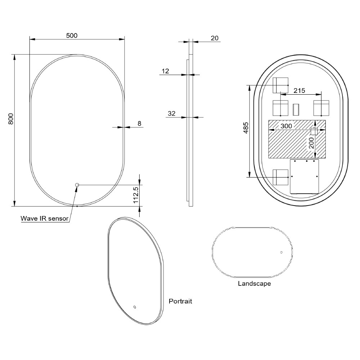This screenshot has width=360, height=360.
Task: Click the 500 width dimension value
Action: point(72,36)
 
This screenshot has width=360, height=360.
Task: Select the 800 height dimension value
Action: point(11,119)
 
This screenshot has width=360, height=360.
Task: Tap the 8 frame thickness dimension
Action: point(139,123)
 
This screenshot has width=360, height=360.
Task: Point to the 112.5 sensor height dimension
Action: point(136,195)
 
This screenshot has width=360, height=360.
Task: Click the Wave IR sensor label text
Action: point(45,219)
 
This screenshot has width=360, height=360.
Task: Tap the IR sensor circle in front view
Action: point(77,185)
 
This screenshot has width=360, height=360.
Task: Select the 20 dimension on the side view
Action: point(215,38)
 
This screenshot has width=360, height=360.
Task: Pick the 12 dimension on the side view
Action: point(165,71)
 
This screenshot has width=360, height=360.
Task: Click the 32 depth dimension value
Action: point(171,113)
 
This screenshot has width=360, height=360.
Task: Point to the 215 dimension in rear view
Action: point(300,91)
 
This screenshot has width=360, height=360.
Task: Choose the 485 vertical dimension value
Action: point(246,128)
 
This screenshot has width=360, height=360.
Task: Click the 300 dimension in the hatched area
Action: point(286,126)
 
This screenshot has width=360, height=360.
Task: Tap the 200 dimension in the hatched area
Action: point(311,143)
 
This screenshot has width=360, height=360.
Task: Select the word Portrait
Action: point(180,301)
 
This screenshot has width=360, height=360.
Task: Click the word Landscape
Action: point(255,284)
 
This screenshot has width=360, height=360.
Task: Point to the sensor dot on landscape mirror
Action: point(282,252)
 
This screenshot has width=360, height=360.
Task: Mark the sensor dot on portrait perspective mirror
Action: point(135,307)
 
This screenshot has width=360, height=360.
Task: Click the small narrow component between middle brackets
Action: point(296,110)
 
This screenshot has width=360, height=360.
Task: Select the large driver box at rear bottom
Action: point(305,176)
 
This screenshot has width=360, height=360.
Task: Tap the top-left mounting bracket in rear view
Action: point(280,85)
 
